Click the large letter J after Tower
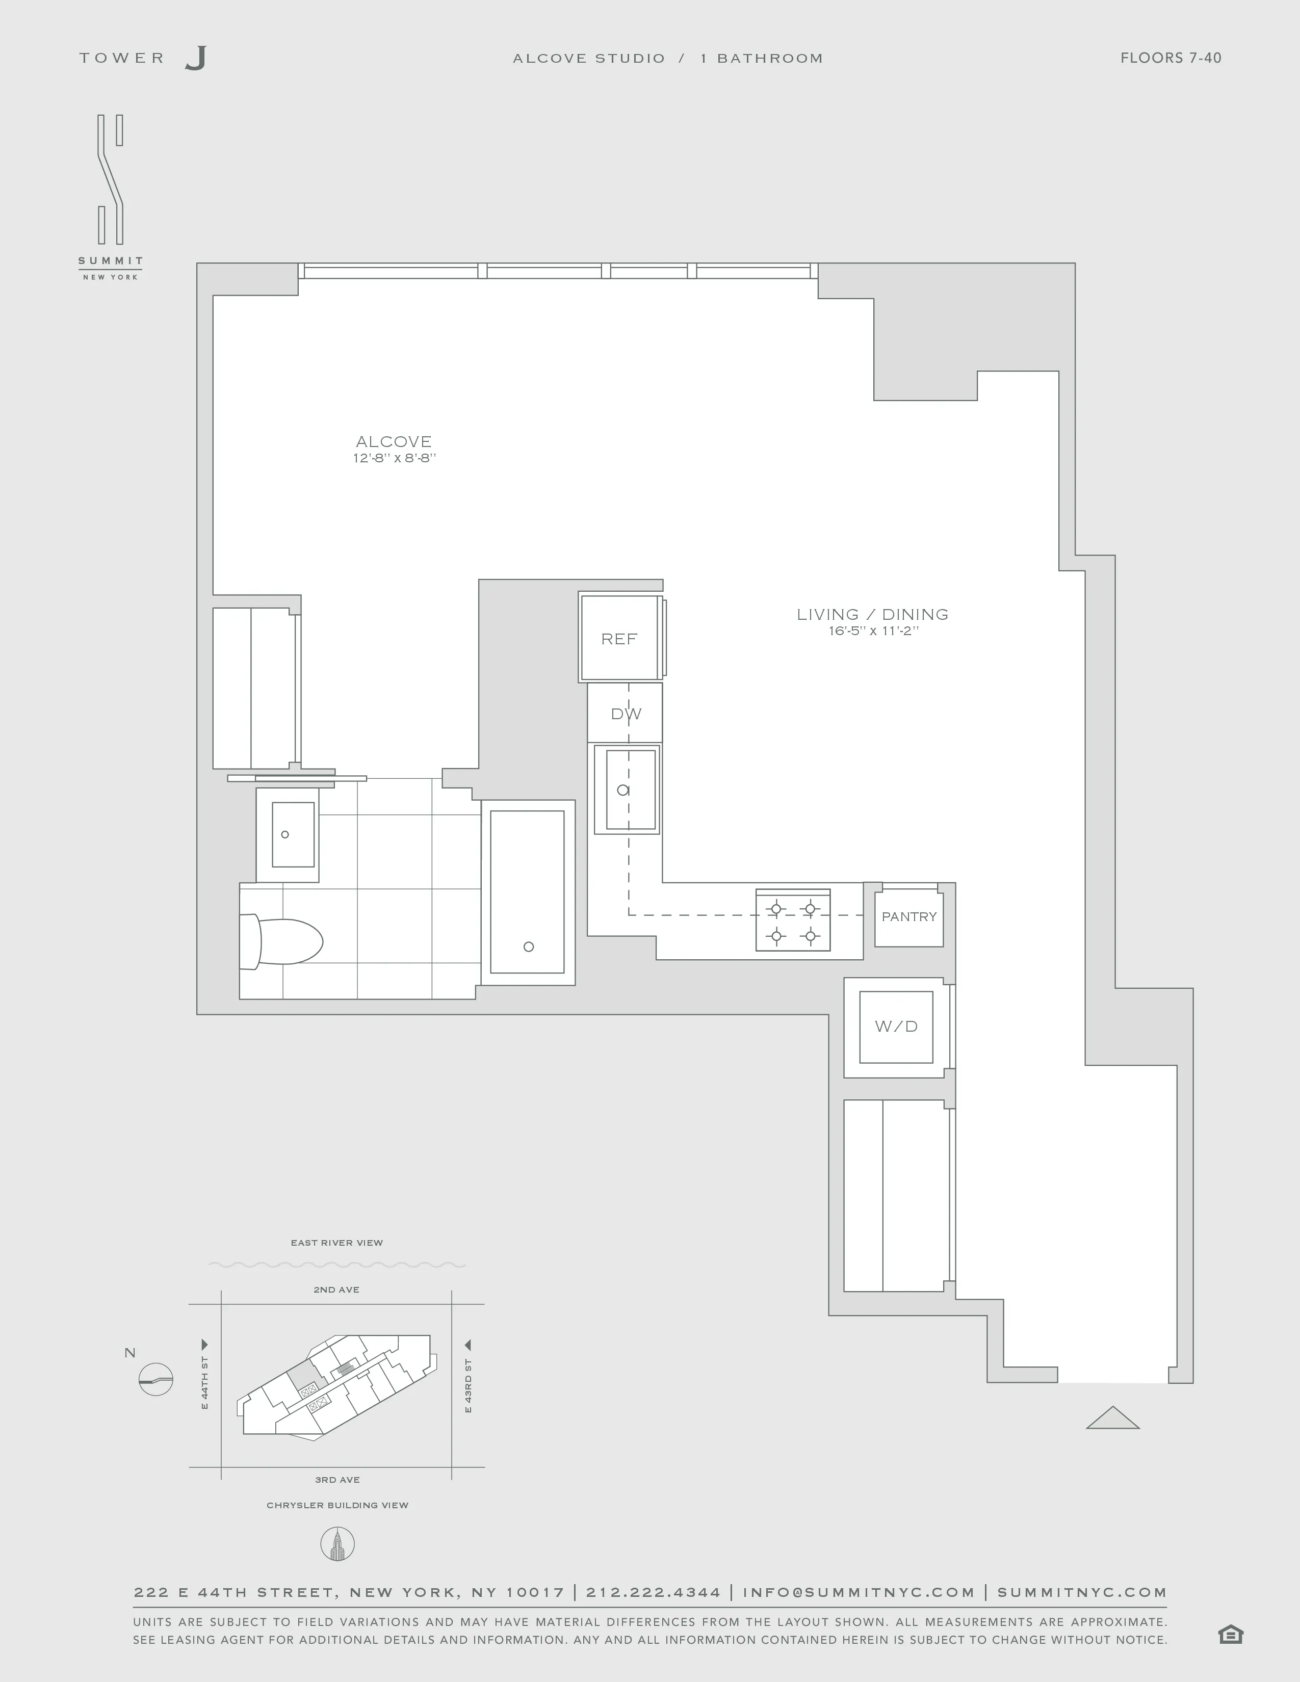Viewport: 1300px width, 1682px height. click(x=196, y=59)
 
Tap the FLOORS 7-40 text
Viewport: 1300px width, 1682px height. click(x=1170, y=58)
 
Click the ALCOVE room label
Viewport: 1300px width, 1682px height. click(x=394, y=441)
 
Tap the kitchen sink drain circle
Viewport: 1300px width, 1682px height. click(x=623, y=790)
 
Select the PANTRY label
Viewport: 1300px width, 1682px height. click(x=909, y=916)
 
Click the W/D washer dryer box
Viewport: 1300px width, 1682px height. click(x=896, y=1027)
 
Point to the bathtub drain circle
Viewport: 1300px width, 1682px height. click(x=528, y=947)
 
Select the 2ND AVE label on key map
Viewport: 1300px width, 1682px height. click(x=336, y=1289)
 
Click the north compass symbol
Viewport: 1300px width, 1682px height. click(x=155, y=1379)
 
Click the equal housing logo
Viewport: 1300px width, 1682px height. click(x=1231, y=1634)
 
